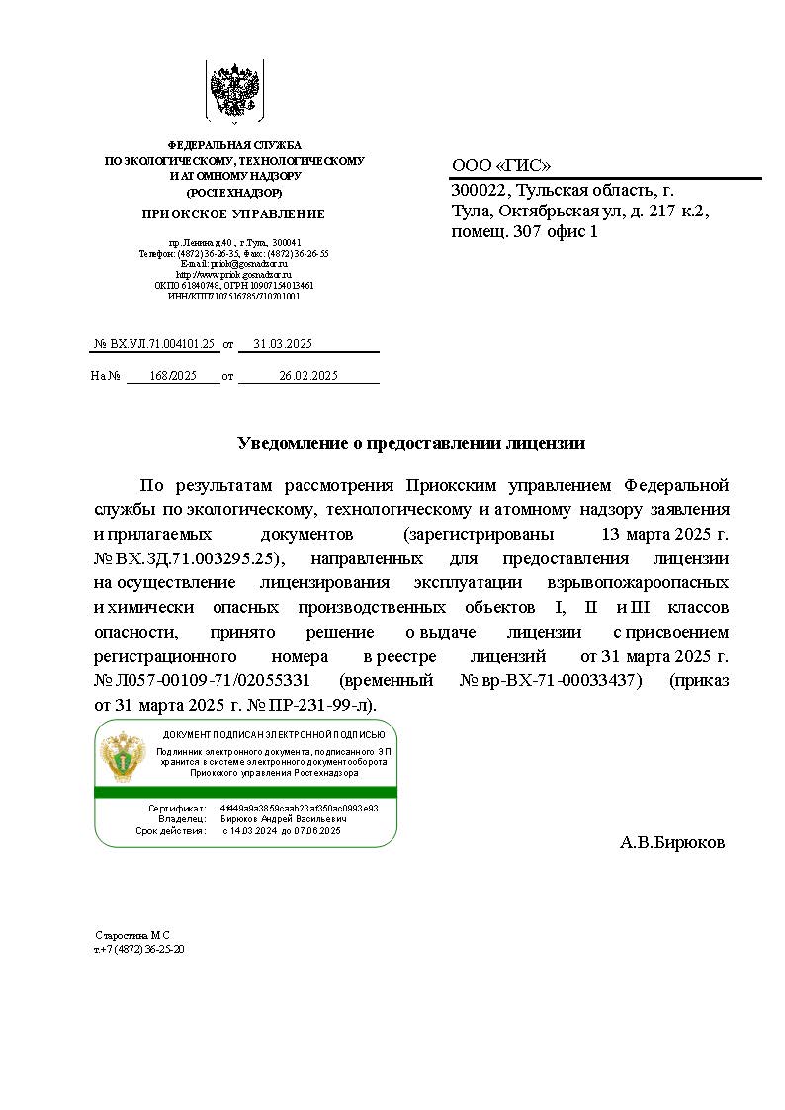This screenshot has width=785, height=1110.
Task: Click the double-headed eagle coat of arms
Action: [233, 92]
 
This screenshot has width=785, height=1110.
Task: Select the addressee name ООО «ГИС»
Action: [501, 166]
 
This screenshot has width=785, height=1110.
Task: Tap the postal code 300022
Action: [480, 191]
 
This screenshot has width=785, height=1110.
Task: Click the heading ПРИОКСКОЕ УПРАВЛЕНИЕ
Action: [233, 213]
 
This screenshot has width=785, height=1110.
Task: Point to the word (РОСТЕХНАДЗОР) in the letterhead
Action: [234, 193]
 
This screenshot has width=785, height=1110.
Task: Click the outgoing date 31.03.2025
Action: [283, 344]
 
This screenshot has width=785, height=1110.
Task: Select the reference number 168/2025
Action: [173, 376]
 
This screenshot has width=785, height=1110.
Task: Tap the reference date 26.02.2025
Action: [308, 376]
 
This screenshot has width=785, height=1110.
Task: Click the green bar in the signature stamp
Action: [245, 792]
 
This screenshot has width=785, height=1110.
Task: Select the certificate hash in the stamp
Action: [299, 808]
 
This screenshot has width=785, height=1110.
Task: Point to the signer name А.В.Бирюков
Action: [672, 843]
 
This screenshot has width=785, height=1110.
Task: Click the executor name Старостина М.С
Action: [132, 934]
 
